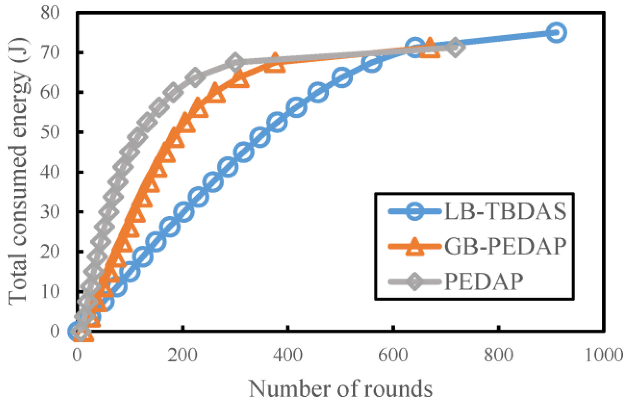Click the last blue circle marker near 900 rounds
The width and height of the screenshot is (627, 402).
(556, 32)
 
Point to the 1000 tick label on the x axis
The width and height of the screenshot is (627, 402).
(604, 355)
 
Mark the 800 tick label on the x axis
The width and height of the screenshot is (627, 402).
(499, 355)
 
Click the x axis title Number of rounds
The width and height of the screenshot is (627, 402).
(341, 388)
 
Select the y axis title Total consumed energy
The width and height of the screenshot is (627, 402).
(19, 171)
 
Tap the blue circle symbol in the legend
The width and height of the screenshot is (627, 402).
(415, 211)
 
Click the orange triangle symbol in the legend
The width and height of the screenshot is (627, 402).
(415, 247)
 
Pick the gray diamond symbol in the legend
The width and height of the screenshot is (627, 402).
(415, 281)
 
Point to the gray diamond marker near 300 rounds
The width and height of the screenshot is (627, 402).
(235, 63)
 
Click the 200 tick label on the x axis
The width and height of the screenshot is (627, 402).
(183, 355)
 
